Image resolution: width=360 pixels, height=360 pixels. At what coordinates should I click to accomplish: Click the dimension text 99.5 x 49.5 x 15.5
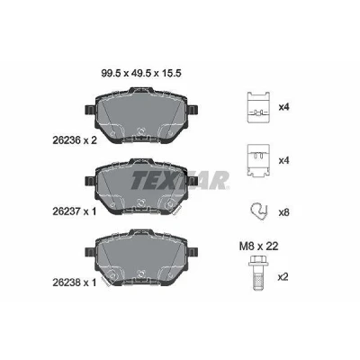(x=141, y=74)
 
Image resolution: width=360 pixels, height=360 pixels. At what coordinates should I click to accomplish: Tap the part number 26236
(x=67, y=140)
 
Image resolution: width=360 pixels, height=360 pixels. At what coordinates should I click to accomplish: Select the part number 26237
(x=67, y=211)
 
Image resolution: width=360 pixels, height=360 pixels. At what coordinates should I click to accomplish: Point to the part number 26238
(x=67, y=283)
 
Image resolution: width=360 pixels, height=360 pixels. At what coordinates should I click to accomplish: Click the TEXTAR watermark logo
(x=180, y=180)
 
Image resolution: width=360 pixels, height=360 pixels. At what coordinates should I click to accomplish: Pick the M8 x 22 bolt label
(x=258, y=247)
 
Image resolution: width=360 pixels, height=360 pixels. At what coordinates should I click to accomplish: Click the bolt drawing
(x=256, y=273)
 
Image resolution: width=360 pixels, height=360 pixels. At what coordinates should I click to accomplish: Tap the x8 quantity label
(x=283, y=212)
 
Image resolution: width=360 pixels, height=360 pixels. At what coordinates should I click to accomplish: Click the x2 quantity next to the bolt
(x=283, y=277)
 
